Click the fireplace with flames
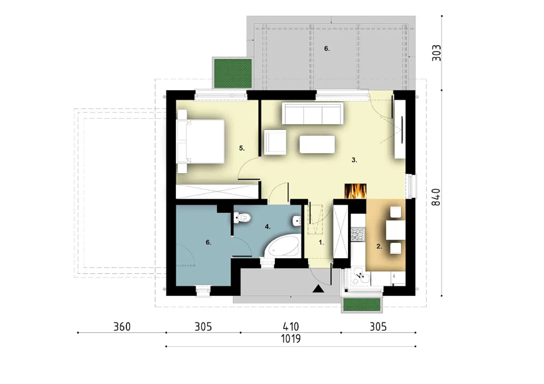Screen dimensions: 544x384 (355, 191)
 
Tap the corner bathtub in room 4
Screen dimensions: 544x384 (282, 245)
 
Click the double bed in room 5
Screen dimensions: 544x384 (201, 141)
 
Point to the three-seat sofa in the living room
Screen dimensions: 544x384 (312, 113)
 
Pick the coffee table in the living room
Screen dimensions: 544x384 (317, 144)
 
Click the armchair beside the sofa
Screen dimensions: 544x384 (275, 142)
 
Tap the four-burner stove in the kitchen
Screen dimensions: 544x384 (358, 234)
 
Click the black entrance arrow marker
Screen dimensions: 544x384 (318, 288)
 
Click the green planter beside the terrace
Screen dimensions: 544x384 (233, 73)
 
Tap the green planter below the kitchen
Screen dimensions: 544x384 (362, 305)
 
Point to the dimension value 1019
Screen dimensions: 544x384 (291, 339)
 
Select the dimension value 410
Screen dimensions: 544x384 (291, 327)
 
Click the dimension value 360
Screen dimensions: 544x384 (122, 327)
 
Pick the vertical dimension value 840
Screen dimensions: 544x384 (436, 197)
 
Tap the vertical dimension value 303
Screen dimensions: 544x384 (436, 53)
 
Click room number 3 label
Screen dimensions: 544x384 (354, 160)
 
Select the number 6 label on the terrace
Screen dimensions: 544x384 (327, 48)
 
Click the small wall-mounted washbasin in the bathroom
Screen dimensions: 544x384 (296, 221)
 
